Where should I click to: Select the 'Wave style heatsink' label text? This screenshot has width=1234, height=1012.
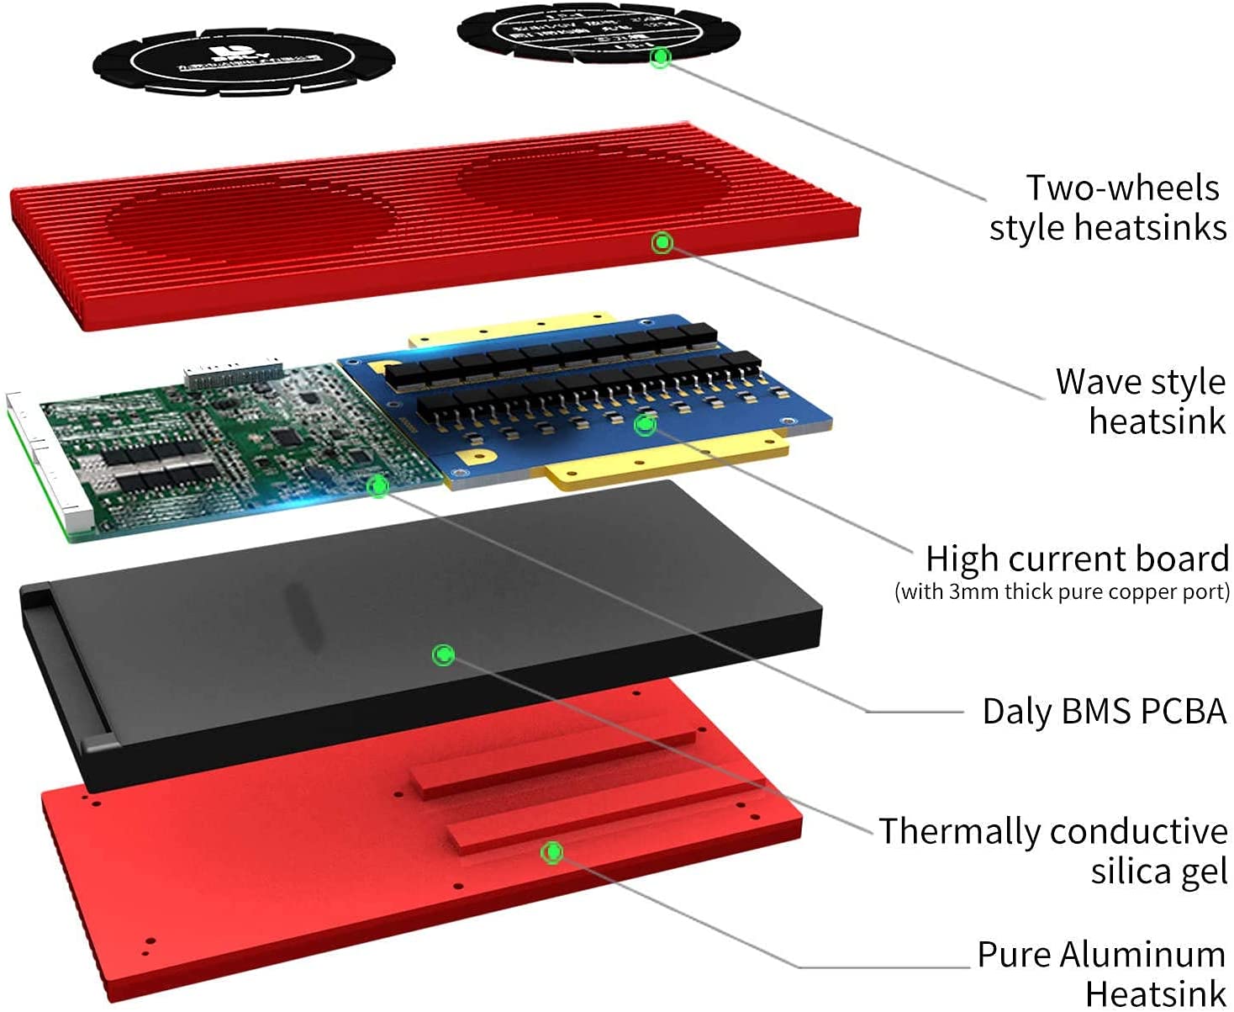[1142, 401]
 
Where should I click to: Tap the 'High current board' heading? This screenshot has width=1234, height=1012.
[1077, 559]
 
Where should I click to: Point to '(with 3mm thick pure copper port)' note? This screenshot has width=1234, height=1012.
[1062, 592]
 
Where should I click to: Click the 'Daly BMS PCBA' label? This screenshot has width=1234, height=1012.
[1104, 712]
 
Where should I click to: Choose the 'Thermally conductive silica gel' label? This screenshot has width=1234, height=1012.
[1054, 850]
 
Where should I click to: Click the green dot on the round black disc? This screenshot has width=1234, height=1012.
[662, 57]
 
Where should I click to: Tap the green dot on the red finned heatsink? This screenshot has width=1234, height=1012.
[662, 243]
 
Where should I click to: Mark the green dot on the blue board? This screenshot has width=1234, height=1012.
[645, 424]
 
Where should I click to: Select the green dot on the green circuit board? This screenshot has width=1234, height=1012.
[378, 485]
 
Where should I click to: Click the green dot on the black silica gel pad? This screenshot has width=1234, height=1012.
[443, 654]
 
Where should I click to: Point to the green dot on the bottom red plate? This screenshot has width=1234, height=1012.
[552, 852]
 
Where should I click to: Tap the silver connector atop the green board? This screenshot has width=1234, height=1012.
[233, 374]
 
